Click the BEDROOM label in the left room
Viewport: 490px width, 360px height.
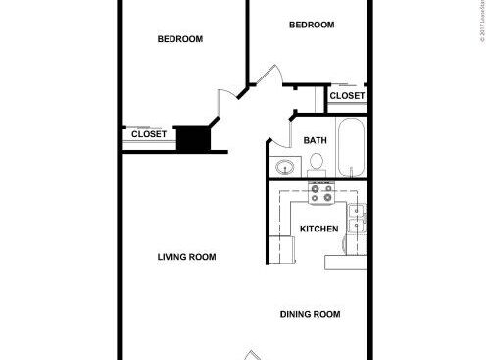180,39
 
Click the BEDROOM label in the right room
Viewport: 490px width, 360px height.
312,26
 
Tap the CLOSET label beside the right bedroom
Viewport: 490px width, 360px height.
347,95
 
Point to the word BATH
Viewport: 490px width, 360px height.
315,140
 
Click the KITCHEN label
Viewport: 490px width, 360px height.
318,229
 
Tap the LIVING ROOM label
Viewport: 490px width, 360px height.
186,257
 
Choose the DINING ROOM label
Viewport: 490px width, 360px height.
310,314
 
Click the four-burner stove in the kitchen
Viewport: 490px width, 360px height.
321,195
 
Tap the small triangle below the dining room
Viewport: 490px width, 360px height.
253,354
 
